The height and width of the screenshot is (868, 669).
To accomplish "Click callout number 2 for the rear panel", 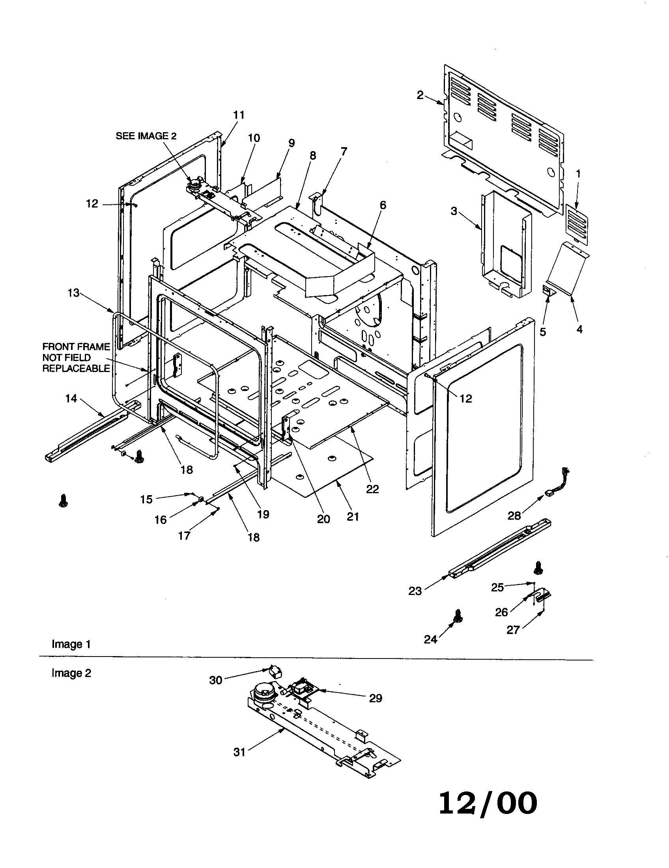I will pyautogui.click(x=420, y=95).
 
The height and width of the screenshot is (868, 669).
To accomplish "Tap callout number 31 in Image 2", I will pyautogui.click(x=239, y=752).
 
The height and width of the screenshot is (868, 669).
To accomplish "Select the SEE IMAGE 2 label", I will pyautogui.click(x=146, y=136).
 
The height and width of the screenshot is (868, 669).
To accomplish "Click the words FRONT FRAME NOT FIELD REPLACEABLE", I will pyautogui.click(x=76, y=357).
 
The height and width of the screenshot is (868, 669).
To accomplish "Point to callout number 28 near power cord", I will pyautogui.click(x=514, y=516).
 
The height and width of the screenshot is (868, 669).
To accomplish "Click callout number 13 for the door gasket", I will pyautogui.click(x=74, y=293).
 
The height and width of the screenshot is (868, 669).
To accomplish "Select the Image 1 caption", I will pyautogui.click(x=71, y=644).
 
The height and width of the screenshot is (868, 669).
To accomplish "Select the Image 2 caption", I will pyautogui.click(x=71, y=673).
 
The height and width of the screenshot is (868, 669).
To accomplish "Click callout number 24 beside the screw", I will pyautogui.click(x=430, y=639).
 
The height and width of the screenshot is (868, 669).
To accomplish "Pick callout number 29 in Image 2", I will pyautogui.click(x=376, y=698).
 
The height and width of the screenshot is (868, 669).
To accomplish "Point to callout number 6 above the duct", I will pyautogui.click(x=383, y=205).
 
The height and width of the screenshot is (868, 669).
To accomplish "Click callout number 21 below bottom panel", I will pyautogui.click(x=353, y=516).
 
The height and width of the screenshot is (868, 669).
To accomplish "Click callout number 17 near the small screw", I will pyautogui.click(x=184, y=536).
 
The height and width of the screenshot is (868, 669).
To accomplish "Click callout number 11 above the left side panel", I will pyautogui.click(x=239, y=115).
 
